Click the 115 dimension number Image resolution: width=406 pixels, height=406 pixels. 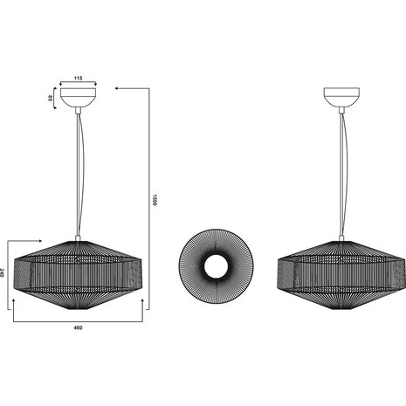[x=78, y=79]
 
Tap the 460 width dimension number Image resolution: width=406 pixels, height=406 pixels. [x=78, y=327]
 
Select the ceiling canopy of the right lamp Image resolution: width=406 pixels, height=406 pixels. [x=340, y=98]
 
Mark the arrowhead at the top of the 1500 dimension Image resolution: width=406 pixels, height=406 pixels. [x=118, y=88]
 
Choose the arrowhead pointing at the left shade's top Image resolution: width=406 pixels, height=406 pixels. [x=39, y=242]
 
